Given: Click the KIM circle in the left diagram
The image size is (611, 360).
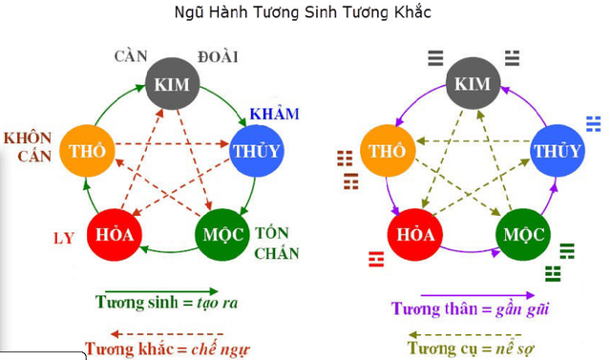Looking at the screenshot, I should click(172, 85).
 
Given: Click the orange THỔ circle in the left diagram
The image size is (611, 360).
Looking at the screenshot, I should click(87, 150).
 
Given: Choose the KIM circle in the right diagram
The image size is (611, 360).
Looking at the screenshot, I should click(473, 85).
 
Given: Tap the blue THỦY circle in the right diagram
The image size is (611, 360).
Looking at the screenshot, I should click(557, 151).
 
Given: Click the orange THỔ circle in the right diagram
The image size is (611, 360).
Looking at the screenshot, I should click(388, 151).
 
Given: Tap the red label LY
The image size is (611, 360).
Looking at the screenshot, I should click(62, 236).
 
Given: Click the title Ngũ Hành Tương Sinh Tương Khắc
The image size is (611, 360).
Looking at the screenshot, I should click(304, 14).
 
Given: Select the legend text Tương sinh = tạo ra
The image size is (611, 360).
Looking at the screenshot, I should click(167, 302).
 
